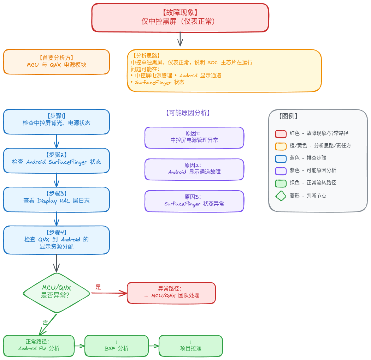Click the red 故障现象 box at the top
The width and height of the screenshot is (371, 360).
pyautogui.click(x=180, y=18)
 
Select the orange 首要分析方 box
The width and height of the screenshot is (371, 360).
pyautogui.click(x=56, y=62)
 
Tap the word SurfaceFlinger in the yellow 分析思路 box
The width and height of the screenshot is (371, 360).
pyautogui.click(x=153, y=82)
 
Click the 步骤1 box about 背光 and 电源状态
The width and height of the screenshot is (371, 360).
pyautogui.click(x=56, y=122)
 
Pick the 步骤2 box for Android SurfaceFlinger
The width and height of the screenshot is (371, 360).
pyautogui.click(x=56, y=161)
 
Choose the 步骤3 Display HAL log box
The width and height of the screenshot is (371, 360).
pyautogui.click(x=56, y=199)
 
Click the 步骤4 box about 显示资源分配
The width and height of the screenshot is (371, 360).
pyautogui.click(x=56, y=240)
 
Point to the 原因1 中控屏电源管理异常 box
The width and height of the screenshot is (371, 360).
pyautogui.click(x=194, y=138)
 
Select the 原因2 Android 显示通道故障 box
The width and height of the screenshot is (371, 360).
pyautogui.click(x=194, y=169)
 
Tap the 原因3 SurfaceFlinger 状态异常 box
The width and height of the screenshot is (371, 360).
pyautogui.click(x=194, y=201)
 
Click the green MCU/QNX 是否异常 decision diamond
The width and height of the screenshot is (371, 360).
pyautogui.click(x=56, y=293)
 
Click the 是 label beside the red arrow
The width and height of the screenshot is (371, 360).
pyautogui.click(x=98, y=287)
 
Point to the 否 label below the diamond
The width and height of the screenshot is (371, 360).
pyautogui.click(x=45, y=322)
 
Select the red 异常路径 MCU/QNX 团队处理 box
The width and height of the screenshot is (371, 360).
pyautogui.click(x=171, y=293)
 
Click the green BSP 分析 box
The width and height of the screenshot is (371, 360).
pyautogui.click(x=116, y=346)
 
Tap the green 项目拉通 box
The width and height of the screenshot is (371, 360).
pyautogui.click(x=191, y=346)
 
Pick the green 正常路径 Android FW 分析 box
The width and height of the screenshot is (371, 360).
pyautogui.click(x=39, y=346)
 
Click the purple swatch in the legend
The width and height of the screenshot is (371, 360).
pyautogui.click(x=281, y=171)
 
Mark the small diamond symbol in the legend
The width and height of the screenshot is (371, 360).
pyautogui.click(x=281, y=196)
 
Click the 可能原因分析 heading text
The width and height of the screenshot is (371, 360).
pyautogui.click(x=188, y=113)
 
